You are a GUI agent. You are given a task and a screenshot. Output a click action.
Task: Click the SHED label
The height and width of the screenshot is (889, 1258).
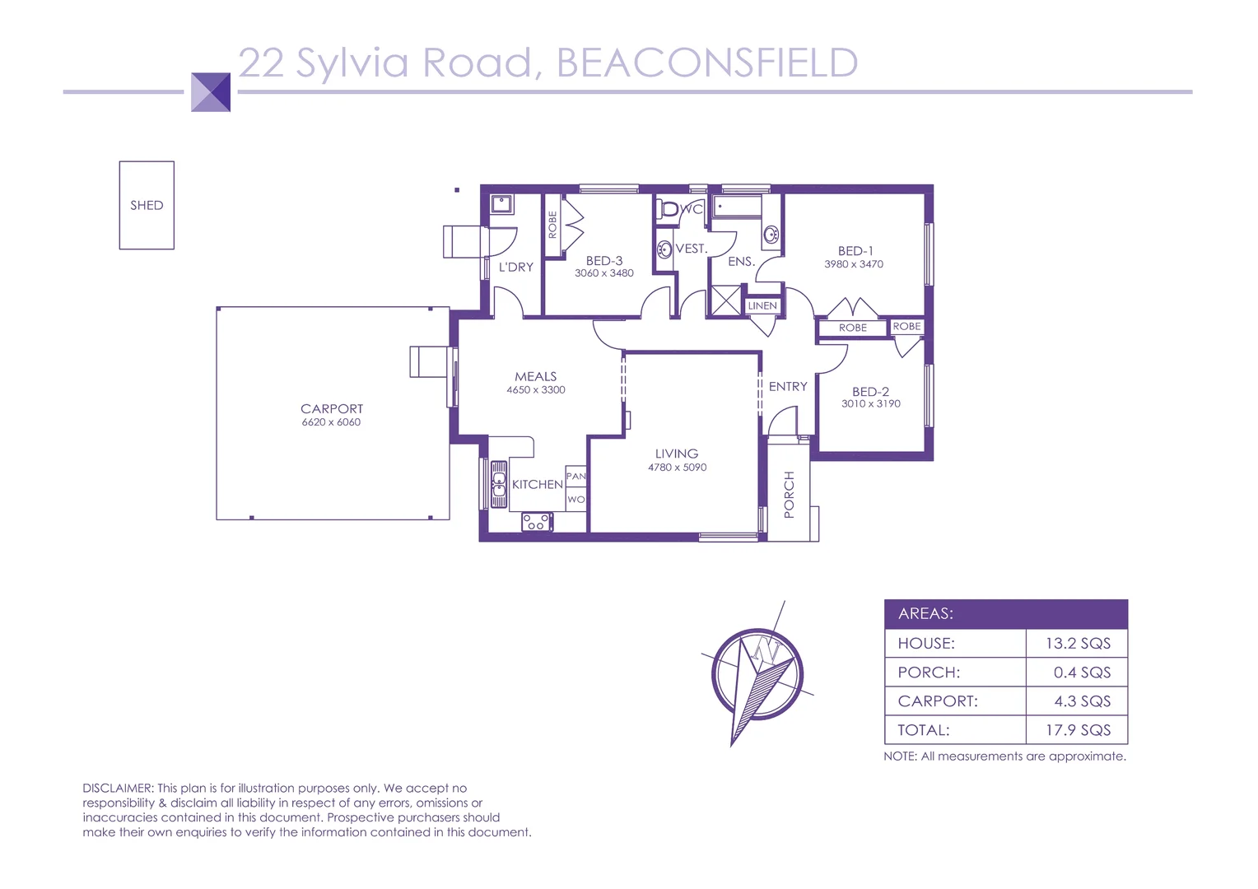pyautogui.click(x=147, y=205)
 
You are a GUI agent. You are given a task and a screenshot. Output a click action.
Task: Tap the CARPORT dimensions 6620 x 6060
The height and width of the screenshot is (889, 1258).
pyautogui.click(x=331, y=422)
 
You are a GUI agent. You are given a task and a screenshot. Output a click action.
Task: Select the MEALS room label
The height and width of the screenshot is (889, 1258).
pyautogui.click(x=536, y=376)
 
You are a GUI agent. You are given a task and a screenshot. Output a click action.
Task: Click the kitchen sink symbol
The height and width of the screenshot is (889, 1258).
pyautogui.click(x=498, y=485)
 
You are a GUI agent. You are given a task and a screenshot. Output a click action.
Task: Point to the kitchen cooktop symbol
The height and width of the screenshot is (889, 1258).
pyautogui.click(x=537, y=522)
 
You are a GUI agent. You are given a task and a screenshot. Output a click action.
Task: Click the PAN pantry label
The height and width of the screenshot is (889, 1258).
pyautogui.click(x=575, y=477)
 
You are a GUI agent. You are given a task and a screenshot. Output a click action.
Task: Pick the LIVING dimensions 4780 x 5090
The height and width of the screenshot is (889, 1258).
pyautogui.click(x=677, y=468)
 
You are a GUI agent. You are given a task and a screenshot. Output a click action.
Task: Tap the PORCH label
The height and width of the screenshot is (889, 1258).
pyautogui.click(x=789, y=495)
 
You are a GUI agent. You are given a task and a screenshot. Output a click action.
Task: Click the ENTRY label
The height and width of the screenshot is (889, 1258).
pyautogui.click(x=788, y=386)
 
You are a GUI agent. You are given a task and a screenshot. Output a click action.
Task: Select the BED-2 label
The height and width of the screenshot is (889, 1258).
pyautogui.click(x=870, y=392)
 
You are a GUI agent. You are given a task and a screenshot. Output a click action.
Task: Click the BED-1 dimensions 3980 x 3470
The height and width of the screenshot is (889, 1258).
pyautogui.click(x=854, y=264)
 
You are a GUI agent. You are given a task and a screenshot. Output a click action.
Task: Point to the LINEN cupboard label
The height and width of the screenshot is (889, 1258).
pyautogui.click(x=762, y=305)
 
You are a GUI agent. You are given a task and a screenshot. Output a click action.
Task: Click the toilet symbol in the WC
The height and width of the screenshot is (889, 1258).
pyautogui.click(x=669, y=209)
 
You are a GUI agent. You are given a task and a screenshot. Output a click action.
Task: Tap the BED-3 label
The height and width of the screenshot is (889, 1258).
pyautogui.click(x=604, y=260)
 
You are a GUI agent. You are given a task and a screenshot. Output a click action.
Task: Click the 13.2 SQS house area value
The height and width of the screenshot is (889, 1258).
pyautogui.click(x=1078, y=644)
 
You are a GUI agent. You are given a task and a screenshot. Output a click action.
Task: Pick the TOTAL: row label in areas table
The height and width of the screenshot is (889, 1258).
pyautogui.click(x=924, y=730)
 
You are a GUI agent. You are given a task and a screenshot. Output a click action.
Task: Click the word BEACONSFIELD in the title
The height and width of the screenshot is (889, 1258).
pyautogui.click(x=707, y=63)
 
